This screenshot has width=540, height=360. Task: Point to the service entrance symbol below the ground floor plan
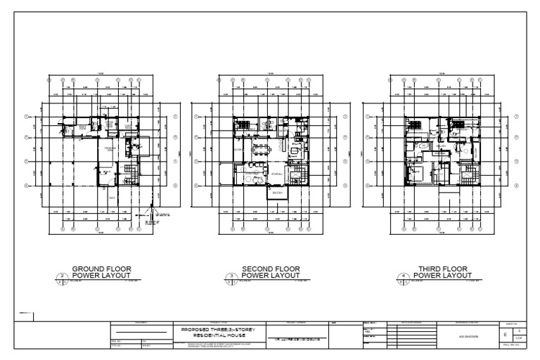149,215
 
